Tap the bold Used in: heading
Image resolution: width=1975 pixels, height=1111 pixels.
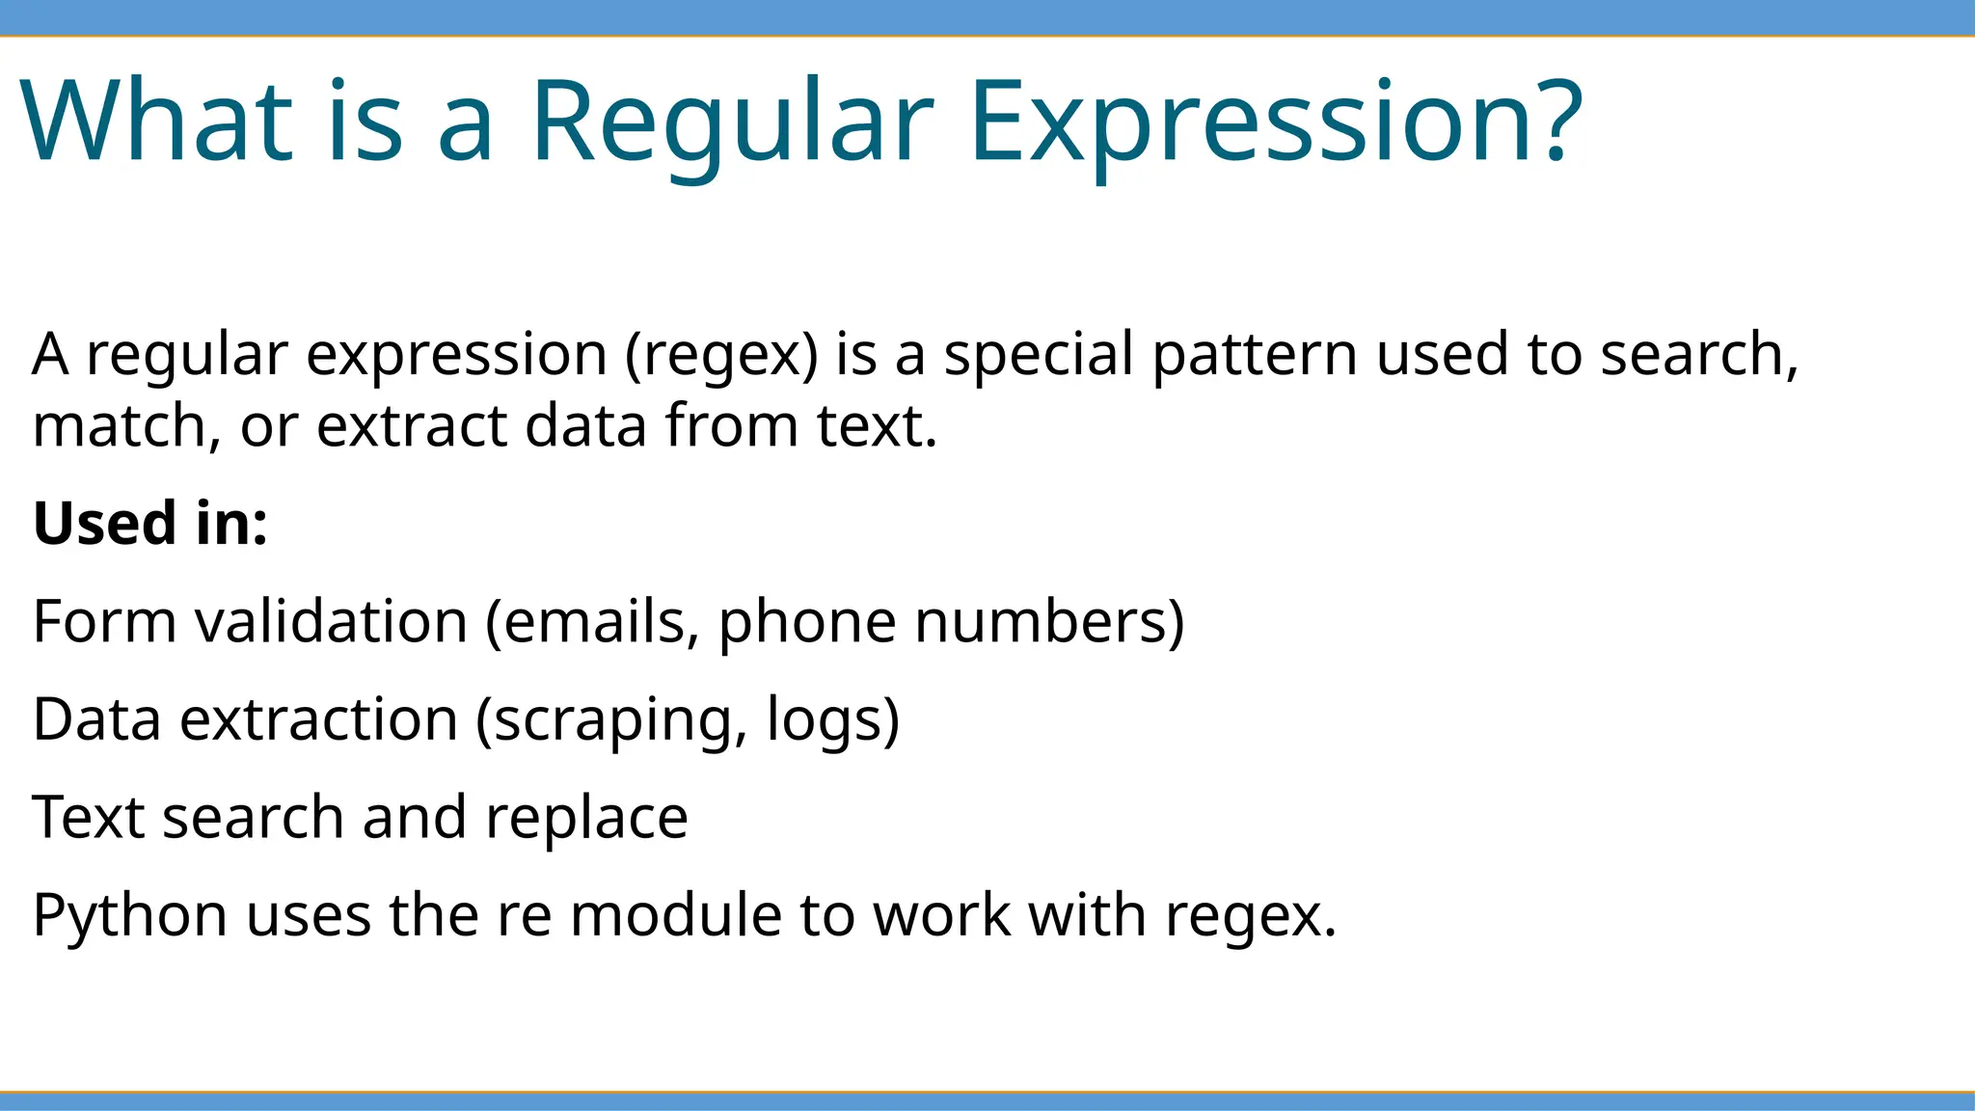click(x=150, y=524)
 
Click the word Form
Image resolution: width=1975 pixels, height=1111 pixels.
click(x=104, y=622)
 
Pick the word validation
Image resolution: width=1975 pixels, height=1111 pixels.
click(x=332, y=622)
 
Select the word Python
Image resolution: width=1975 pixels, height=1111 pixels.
click(x=129, y=917)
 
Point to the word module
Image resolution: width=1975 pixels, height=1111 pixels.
click(x=676, y=915)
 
